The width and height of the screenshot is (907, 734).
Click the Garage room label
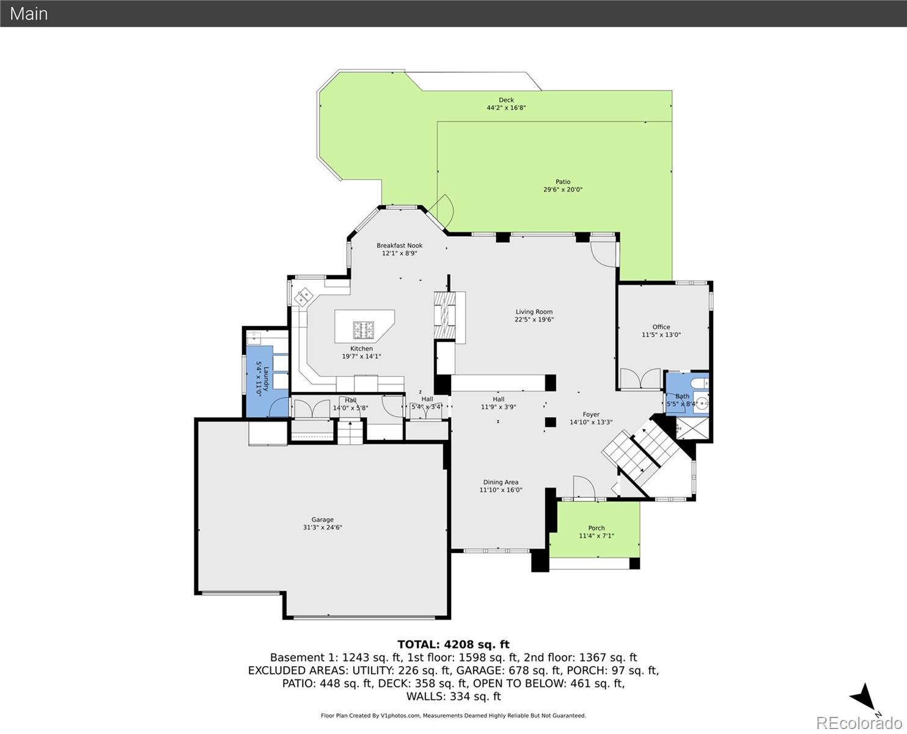click(x=322, y=519)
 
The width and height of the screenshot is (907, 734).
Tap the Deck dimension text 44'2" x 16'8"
click(x=506, y=108)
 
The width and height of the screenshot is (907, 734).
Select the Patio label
click(x=563, y=182)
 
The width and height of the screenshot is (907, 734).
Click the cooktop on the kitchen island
click(x=363, y=330)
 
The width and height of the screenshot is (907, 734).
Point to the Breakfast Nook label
click(x=399, y=245)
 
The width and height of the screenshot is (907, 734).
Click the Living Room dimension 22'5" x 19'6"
click(x=534, y=319)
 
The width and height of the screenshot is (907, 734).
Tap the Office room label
click(x=661, y=327)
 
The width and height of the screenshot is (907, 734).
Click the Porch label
click(x=596, y=528)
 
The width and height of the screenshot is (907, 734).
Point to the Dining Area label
click(x=501, y=482)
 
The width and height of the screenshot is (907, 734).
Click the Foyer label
click(x=590, y=414)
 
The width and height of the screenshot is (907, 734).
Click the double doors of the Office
click(x=640, y=379)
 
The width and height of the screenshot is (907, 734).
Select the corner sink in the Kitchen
click(x=303, y=298)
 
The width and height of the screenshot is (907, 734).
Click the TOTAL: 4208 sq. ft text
click(x=453, y=644)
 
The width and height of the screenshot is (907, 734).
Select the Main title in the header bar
click(x=29, y=13)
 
